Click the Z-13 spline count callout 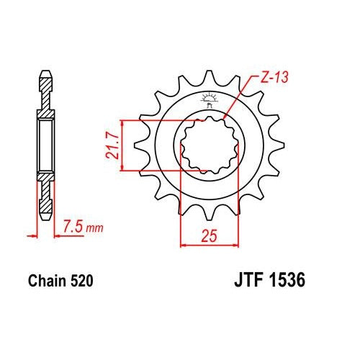pos(274,77)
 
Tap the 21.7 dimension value pos(112,146)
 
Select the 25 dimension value pos(210,235)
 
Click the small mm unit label pos(95,228)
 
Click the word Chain pos(47,281)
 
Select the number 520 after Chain pos(81,281)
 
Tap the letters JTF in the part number pos(249,280)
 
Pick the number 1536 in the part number pos(287,280)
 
